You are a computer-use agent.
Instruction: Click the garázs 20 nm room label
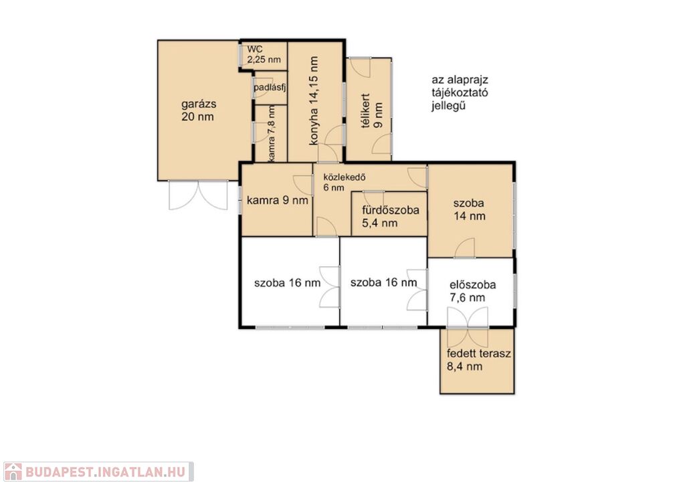pos(198,110)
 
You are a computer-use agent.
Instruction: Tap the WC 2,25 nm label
pos(264,54)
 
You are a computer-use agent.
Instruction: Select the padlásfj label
pos(270,88)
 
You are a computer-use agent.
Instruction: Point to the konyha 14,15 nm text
pos(313,101)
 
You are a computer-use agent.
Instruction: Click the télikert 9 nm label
pos(372,110)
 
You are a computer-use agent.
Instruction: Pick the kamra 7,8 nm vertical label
pos(272,133)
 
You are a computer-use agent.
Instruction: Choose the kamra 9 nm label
pos(278,201)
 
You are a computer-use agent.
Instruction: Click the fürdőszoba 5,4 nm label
pos(391,217)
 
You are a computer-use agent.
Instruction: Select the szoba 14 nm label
pos(469,209)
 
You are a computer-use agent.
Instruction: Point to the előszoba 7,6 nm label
pos(473,291)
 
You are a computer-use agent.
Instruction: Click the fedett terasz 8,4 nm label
pos(479,360)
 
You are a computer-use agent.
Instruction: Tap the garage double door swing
pos(198,195)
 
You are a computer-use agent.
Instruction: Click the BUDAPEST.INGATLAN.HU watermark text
pos(105,472)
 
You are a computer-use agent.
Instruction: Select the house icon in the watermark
pos(13,472)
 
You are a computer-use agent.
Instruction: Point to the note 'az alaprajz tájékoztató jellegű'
pos(460,93)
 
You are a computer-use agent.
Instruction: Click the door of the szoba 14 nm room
pos(465,248)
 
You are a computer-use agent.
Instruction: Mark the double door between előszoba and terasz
pos(468,318)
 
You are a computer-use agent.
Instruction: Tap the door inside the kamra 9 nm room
pos(303,185)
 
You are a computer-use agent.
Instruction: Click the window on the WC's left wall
pos(239,54)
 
